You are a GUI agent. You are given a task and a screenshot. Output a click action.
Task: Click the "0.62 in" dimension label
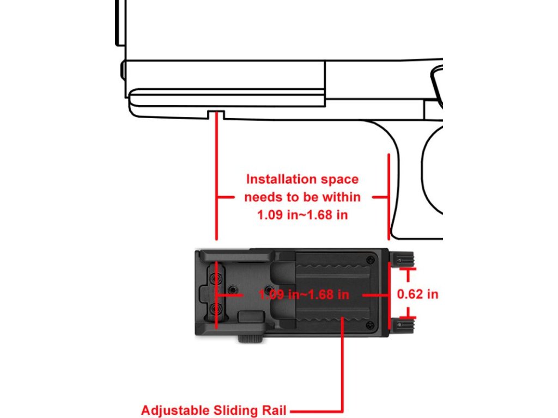tap(417, 294)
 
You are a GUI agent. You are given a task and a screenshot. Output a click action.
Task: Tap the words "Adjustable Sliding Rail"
tap(214, 410)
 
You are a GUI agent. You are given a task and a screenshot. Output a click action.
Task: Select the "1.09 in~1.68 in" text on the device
tap(304, 294)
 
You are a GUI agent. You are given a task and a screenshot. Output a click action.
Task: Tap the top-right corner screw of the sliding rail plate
tap(371, 259)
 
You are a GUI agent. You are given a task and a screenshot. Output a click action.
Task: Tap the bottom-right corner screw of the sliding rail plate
tap(371, 325)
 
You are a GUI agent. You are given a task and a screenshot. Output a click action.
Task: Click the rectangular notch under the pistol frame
tap(216, 114)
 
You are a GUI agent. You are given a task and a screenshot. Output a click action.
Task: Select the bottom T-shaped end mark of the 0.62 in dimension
tap(408, 317)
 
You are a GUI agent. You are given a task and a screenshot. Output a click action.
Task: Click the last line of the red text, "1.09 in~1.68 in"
tap(303, 215)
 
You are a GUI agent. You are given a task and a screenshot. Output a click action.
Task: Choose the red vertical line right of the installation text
tap(389, 196)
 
